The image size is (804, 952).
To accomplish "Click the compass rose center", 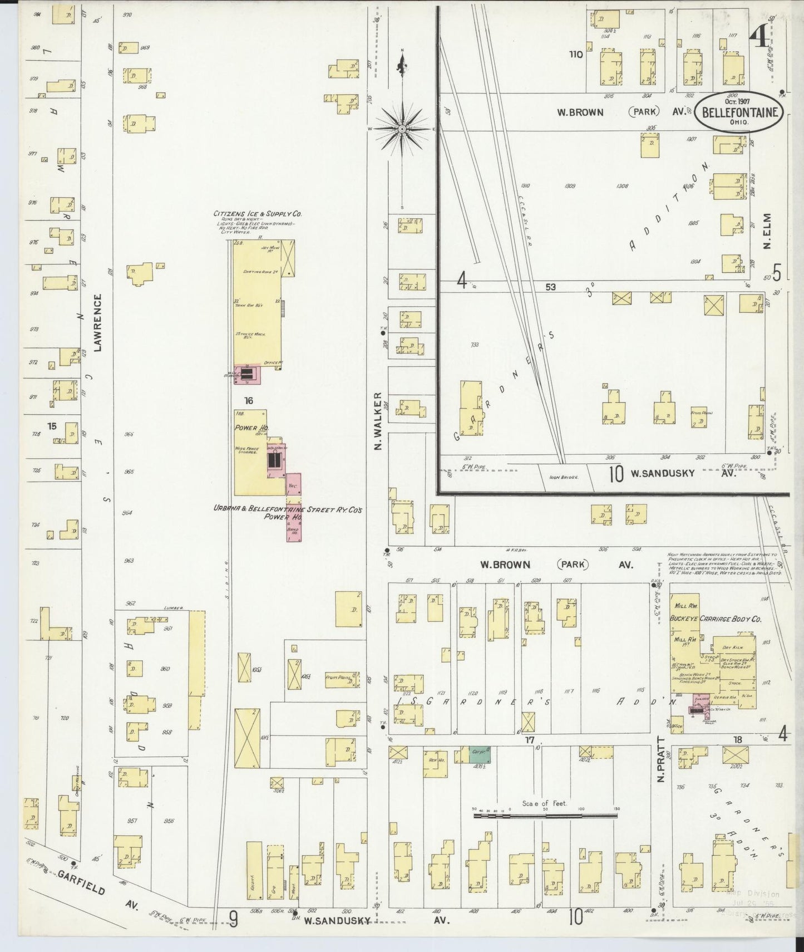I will [x=402, y=129].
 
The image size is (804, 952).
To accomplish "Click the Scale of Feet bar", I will [x=545, y=816].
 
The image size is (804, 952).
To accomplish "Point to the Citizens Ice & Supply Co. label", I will [x=258, y=213].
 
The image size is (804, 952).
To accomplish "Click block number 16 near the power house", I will [x=248, y=401].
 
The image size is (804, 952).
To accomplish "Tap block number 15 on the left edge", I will [x=52, y=426].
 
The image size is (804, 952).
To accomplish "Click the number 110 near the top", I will [x=575, y=55].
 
